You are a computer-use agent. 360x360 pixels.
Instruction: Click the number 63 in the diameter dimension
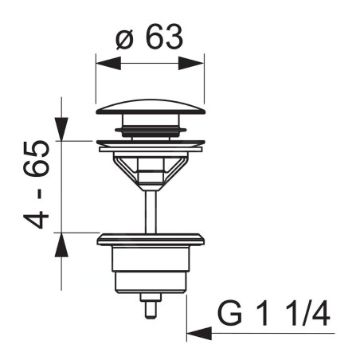click(164, 37)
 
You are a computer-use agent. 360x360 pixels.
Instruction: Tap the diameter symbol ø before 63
click(124, 39)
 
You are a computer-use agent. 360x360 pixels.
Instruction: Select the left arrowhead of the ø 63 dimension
click(108, 64)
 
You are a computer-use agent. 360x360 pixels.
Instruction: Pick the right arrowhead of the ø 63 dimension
click(191, 64)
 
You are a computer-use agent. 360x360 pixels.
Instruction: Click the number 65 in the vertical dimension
click(37, 158)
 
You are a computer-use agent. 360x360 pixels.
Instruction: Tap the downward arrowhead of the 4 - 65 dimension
click(61, 129)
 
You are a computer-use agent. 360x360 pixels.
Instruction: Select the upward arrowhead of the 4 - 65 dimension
click(61, 245)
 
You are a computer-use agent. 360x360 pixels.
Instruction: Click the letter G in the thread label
click(230, 313)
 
